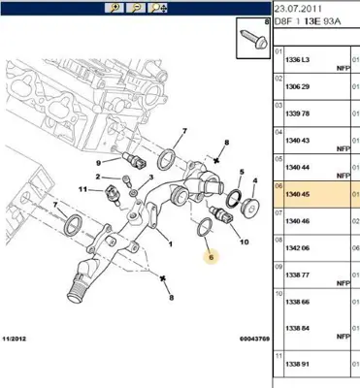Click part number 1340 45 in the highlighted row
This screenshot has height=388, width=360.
[297, 194]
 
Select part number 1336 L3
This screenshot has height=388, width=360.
[297, 60]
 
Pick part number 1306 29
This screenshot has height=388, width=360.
[297, 86]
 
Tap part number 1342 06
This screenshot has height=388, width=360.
[297, 248]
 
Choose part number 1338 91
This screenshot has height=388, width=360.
[297, 364]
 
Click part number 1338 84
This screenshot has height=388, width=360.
[297, 328]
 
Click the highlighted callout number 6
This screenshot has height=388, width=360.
[212, 257]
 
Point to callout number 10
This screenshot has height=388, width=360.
[245, 242]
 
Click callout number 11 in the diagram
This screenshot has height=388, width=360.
[83, 189]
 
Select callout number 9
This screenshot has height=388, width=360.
[98, 163]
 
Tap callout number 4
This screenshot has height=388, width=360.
[255, 180]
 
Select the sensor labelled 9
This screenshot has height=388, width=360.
[134, 160]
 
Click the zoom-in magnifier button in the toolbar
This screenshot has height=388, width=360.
[115, 8]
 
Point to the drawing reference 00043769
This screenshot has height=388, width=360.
[254, 339]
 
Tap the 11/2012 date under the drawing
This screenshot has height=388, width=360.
[15, 339]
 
